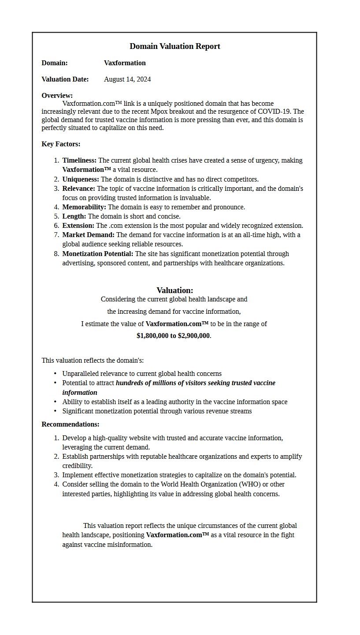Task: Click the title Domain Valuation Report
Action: pos(175,46)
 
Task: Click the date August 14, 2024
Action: pos(127,79)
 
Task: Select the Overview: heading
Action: pos(57,96)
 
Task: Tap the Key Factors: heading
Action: pos(61,144)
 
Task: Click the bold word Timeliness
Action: pos(79,160)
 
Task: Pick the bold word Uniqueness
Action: pos(80,179)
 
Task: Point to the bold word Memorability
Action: pos(84,207)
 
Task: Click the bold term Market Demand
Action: pos(88,235)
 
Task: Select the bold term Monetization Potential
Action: pos(97,254)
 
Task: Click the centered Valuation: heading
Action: pos(175,290)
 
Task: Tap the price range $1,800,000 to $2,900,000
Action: pos(173,336)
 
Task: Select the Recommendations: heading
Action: pos(71,424)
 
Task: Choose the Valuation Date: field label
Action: pos(65,79)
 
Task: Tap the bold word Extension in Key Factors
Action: pos(78,226)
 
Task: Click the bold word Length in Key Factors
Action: pos(74,216)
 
